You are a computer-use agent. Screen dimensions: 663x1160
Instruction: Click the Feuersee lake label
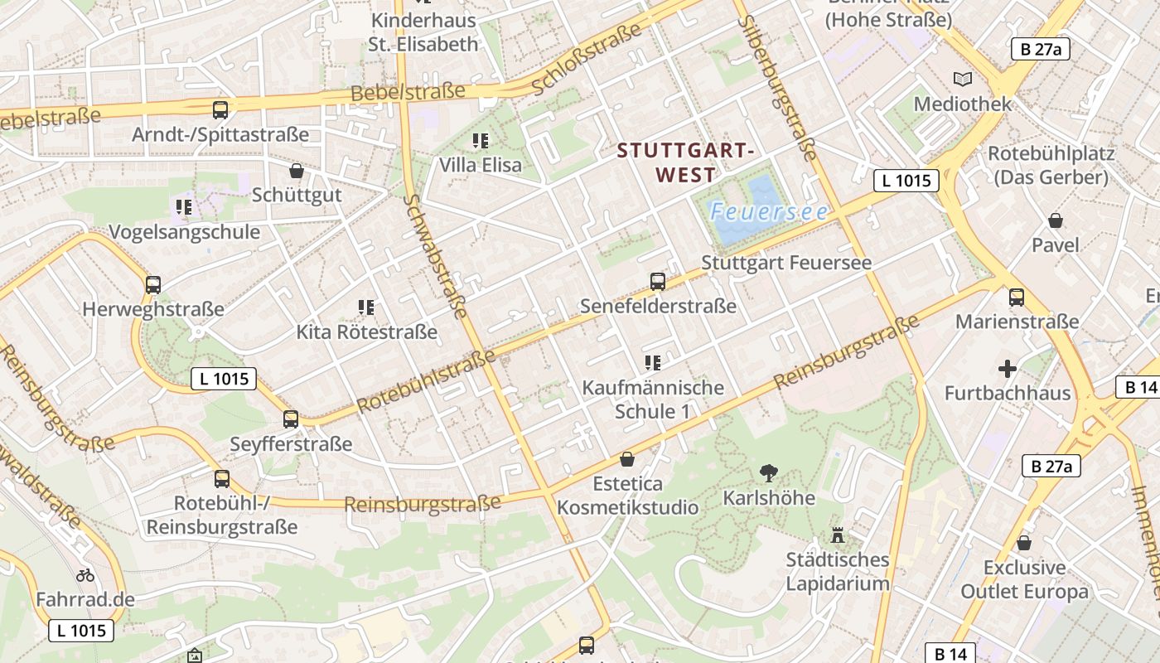(x=768, y=212)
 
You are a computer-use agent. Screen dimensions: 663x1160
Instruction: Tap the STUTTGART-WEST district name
(x=686, y=162)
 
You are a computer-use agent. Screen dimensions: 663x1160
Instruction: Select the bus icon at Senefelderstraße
(x=658, y=282)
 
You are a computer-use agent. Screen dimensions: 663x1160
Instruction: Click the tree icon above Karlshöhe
(x=769, y=473)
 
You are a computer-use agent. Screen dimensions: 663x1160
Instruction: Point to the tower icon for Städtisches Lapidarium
(x=838, y=535)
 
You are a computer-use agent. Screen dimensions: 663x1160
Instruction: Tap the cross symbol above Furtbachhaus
(x=1008, y=369)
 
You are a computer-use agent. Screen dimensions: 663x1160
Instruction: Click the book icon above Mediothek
(x=962, y=80)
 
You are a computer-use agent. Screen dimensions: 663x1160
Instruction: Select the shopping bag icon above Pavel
(x=1056, y=220)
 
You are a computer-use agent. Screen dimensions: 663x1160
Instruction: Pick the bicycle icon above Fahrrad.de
(x=85, y=574)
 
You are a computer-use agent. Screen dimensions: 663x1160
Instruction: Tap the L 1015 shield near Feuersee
(x=906, y=180)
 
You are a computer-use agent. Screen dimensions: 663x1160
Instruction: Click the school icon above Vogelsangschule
(x=184, y=207)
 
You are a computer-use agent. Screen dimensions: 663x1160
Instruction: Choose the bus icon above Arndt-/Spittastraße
(x=220, y=109)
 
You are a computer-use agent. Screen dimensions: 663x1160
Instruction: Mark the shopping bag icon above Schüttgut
(x=297, y=171)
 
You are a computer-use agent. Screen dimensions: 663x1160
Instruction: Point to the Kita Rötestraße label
(x=367, y=332)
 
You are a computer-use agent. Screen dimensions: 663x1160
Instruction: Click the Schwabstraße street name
(x=437, y=257)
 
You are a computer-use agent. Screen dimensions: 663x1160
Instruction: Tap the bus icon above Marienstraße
(x=1017, y=297)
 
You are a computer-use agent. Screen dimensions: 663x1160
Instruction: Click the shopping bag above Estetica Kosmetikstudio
(x=627, y=459)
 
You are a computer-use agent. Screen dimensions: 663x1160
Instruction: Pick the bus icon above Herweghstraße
(x=153, y=285)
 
